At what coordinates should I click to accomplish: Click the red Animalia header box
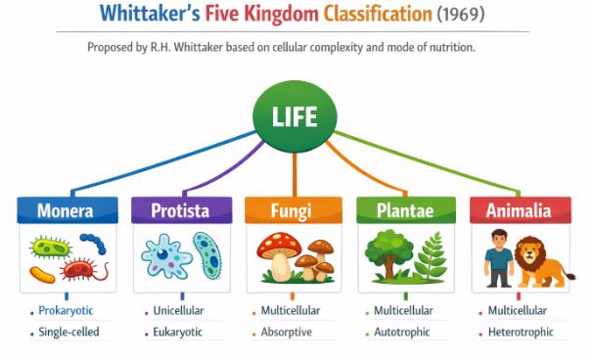[518, 210]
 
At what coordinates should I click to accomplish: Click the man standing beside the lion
[498, 259]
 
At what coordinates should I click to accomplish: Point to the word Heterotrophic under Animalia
[523, 333]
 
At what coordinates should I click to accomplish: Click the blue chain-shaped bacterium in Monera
[94, 243]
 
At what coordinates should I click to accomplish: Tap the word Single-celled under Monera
[68, 333]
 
